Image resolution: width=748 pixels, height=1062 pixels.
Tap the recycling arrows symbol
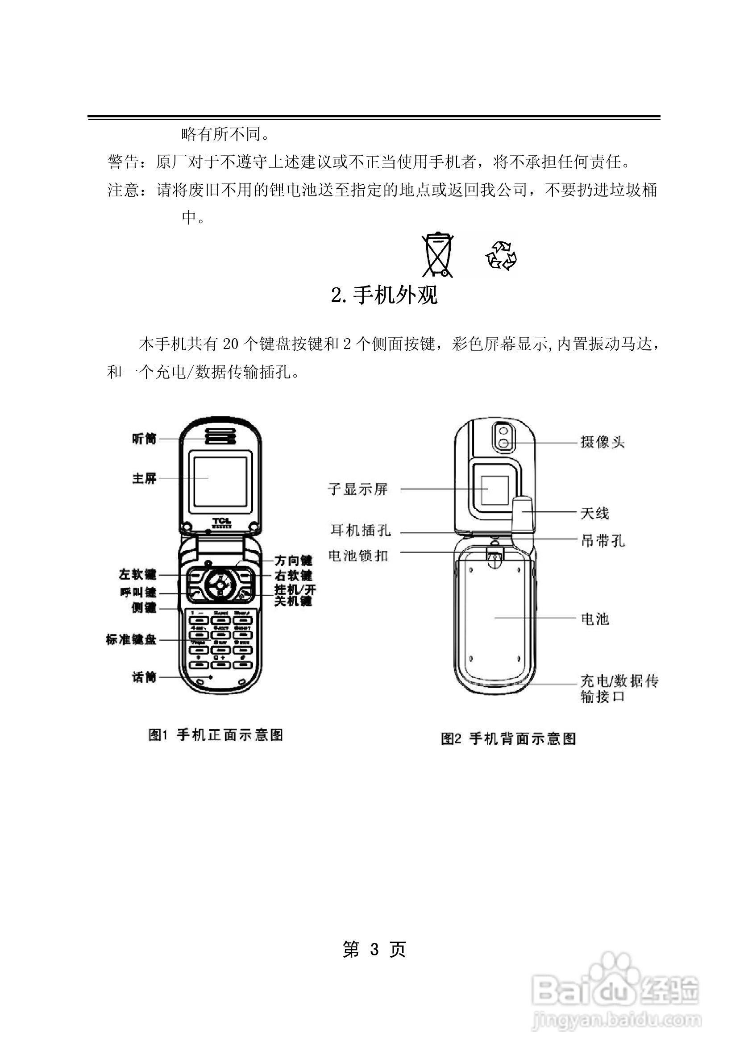(x=501, y=255)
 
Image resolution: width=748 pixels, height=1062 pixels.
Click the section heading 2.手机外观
(x=384, y=295)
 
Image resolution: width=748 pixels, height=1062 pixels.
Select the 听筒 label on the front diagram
(x=144, y=439)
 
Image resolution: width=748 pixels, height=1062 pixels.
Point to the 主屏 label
(x=144, y=478)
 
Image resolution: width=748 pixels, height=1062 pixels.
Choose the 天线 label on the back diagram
(x=595, y=513)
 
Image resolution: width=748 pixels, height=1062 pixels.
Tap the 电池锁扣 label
(x=358, y=556)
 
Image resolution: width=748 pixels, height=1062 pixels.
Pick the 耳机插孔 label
(x=360, y=530)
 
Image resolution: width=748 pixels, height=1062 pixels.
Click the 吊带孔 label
(x=603, y=541)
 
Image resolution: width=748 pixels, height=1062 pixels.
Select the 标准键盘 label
(x=131, y=640)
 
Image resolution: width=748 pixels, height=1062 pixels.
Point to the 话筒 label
(x=144, y=677)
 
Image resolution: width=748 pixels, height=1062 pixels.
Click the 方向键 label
(x=293, y=560)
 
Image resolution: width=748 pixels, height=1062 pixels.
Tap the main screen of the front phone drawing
(x=220, y=481)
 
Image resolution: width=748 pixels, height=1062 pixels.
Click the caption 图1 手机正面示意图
(x=215, y=735)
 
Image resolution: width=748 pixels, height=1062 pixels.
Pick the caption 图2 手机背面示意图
(x=508, y=738)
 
